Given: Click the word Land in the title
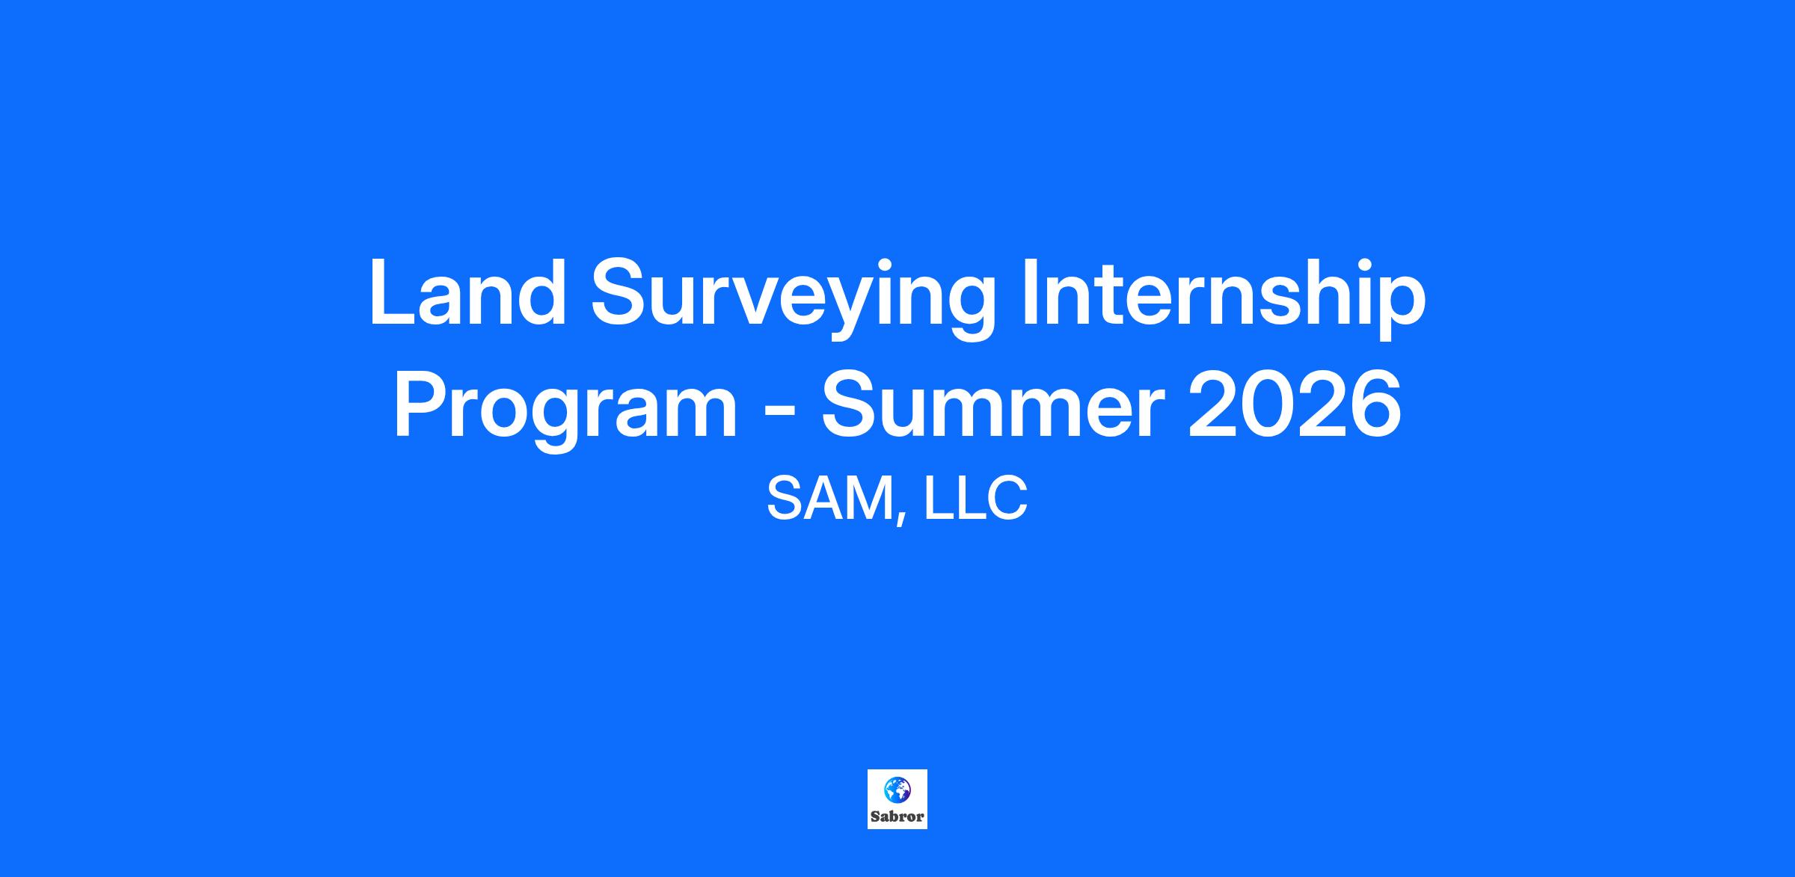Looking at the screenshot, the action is coord(467,292).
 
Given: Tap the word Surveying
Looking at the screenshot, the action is coord(794,300).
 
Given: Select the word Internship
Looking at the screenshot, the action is coord(1224,300).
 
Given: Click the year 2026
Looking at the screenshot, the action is coord(1295,404).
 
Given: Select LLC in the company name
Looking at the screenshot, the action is coord(975,499).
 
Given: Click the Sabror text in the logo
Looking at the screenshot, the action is coord(897,817).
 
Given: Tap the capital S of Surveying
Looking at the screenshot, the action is coord(620,292).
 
